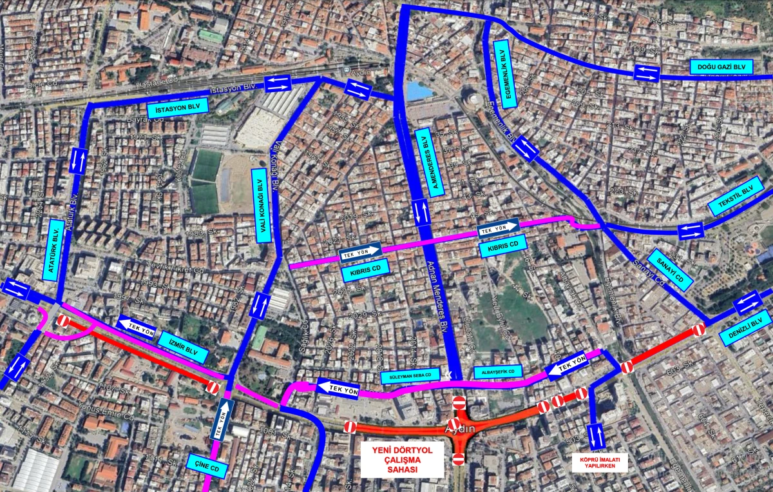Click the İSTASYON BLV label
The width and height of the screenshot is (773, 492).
(x=177, y=110)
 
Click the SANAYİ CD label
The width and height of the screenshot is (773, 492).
(x=669, y=270)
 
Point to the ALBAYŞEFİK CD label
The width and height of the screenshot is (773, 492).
(x=497, y=372)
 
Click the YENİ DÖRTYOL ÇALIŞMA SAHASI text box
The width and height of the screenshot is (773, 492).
(x=402, y=460)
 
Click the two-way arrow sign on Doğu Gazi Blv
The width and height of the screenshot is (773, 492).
(x=646, y=73)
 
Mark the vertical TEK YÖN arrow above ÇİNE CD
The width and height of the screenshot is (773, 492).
(x=224, y=419)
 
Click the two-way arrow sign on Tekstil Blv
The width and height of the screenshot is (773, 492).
(x=691, y=230)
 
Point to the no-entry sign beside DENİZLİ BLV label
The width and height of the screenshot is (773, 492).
(x=699, y=331)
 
